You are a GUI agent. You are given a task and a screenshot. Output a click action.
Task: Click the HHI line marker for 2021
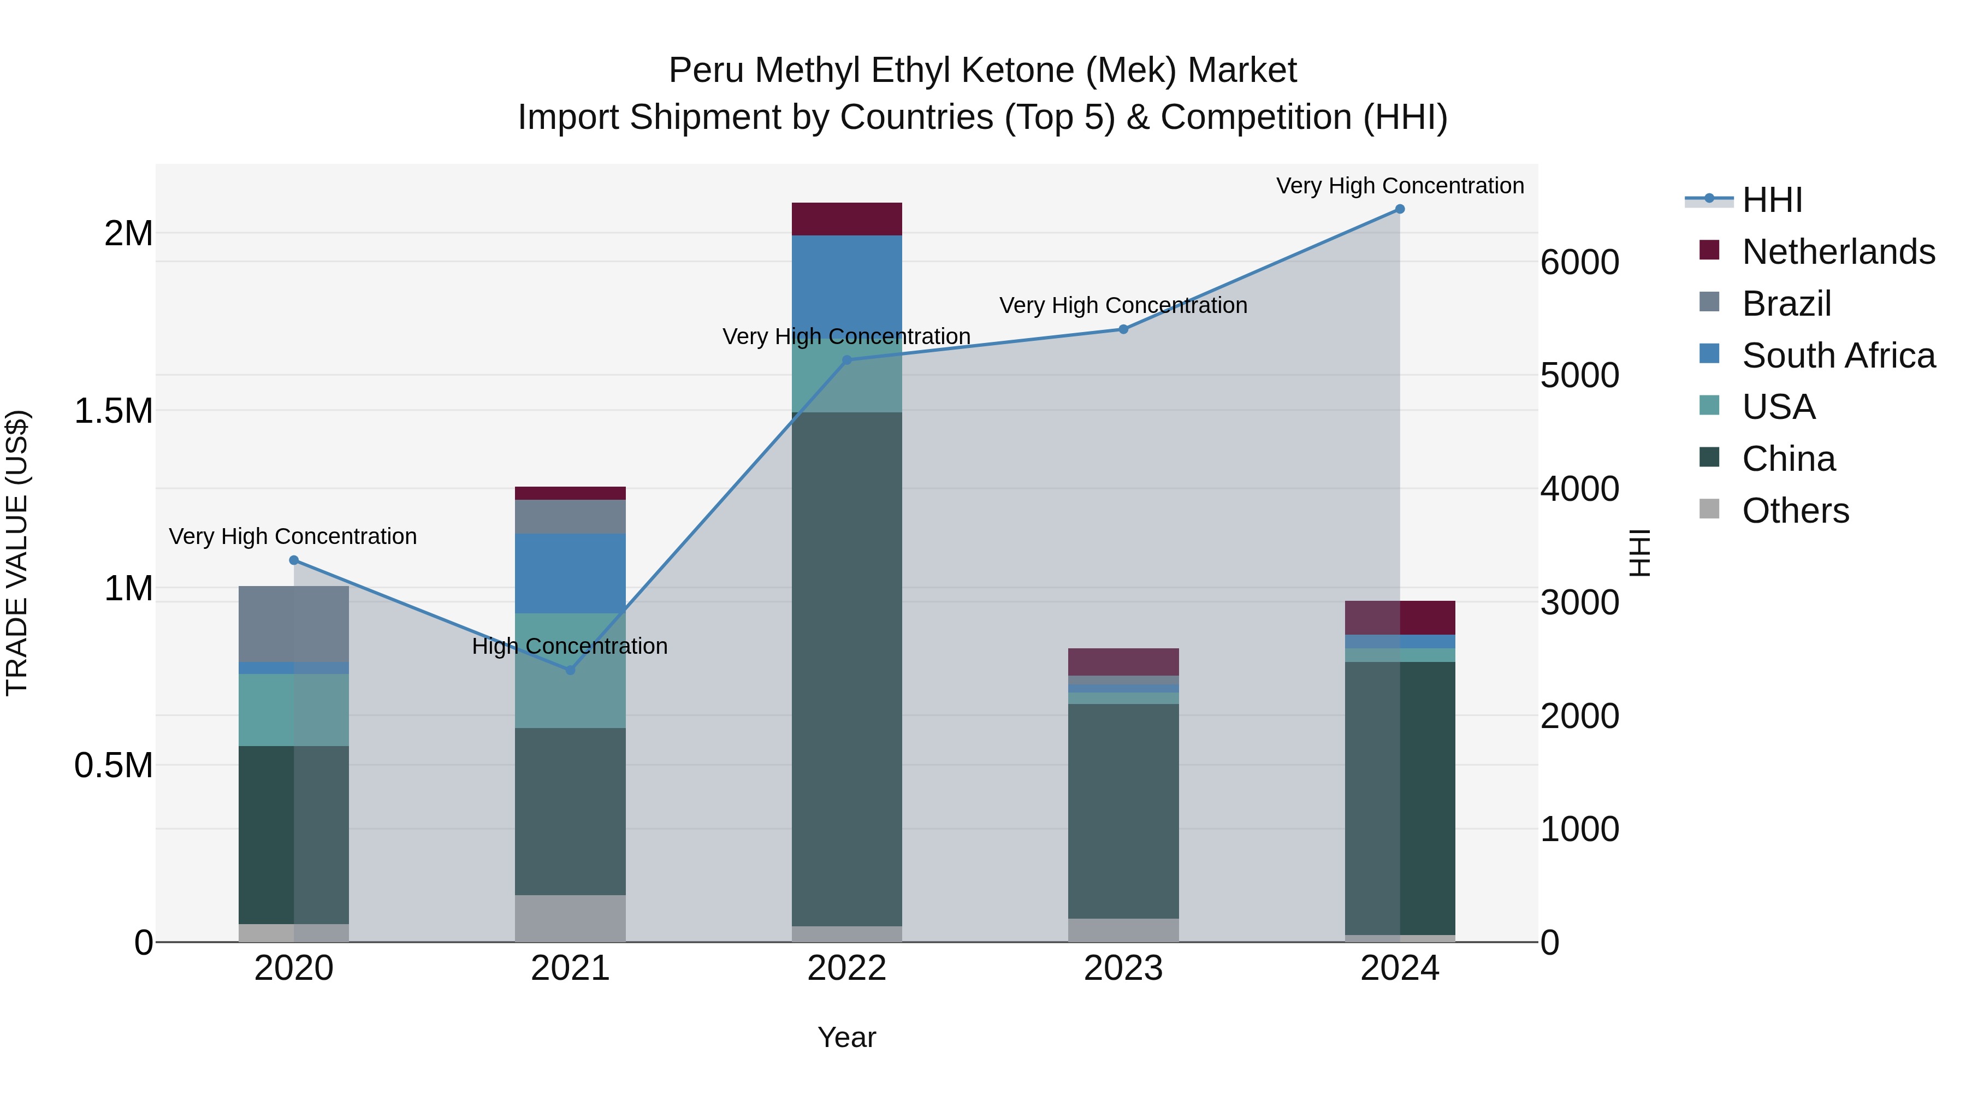tap(570, 670)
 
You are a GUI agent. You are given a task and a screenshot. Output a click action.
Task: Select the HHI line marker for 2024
tap(1400, 209)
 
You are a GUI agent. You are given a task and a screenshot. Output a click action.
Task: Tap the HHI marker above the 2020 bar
tap(294, 560)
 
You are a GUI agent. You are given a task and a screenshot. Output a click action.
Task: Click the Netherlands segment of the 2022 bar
tap(846, 219)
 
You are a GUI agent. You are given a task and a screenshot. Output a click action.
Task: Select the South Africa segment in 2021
tap(570, 573)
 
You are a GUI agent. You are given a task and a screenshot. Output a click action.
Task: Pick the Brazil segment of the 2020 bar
tap(294, 624)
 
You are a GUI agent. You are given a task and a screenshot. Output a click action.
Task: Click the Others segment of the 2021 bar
tap(570, 918)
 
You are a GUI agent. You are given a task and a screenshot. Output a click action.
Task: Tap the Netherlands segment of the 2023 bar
tap(1123, 662)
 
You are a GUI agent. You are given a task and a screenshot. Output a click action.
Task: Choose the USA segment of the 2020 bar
tap(294, 710)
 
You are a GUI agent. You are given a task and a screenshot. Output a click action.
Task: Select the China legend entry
tap(1788, 459)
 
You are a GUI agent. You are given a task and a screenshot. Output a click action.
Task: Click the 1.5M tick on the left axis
tap(114, 411)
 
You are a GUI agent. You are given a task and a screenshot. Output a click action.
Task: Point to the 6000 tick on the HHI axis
tap(1579, 263)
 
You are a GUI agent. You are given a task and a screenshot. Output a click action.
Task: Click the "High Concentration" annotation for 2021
tap(570, 647)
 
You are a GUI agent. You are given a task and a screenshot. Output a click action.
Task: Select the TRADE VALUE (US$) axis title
tap(17, 553)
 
